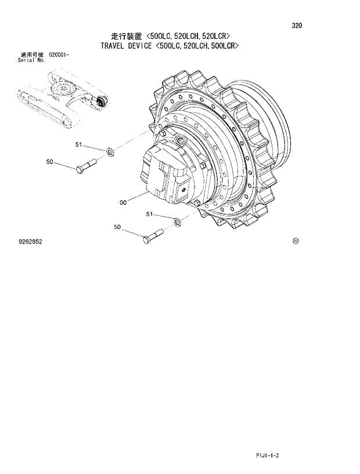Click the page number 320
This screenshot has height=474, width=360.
pos(297,26)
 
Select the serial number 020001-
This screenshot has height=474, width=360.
pos(59,54)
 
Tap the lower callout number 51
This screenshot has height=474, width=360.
pos(149,214)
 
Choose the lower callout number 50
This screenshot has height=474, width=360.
pos(117,227)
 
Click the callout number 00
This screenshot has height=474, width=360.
pos(123,202)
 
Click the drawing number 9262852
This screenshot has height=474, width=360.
pos(30,241)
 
